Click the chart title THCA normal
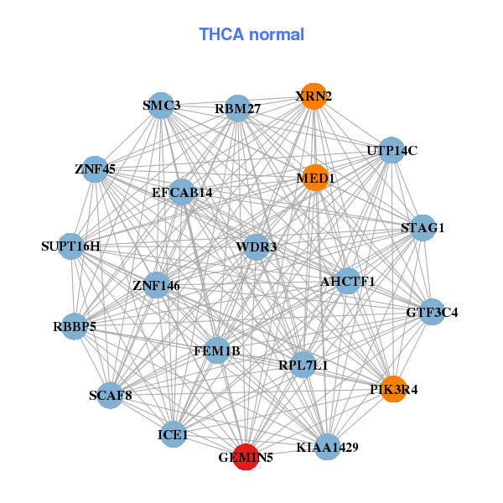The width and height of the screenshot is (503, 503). point(251,34)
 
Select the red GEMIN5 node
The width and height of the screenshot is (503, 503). point(245,457)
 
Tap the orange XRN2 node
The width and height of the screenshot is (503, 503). point(314,96)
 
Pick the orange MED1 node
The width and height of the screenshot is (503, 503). point(314,178)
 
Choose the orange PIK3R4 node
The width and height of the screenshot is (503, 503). point(393,389)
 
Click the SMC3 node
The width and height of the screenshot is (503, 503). point(160,106)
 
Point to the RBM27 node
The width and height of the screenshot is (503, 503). point(238,108)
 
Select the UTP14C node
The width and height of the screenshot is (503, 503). point(392,151)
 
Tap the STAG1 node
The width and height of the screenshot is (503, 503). point(423,228)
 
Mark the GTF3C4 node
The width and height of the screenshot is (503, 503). point(432,313)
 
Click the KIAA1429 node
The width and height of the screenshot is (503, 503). point(328,447)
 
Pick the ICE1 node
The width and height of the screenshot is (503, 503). point(174,435)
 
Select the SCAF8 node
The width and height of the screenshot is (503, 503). point(111,395)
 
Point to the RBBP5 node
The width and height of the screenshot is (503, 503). point(75,326)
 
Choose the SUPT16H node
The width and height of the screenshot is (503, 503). point(71,246)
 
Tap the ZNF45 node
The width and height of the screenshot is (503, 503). point(96,169)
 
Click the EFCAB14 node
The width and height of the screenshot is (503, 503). point(182,193)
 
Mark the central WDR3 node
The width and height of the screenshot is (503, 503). point(257,246)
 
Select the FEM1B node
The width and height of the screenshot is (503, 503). point(217,350)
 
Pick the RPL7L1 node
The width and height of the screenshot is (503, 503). point(303,365)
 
